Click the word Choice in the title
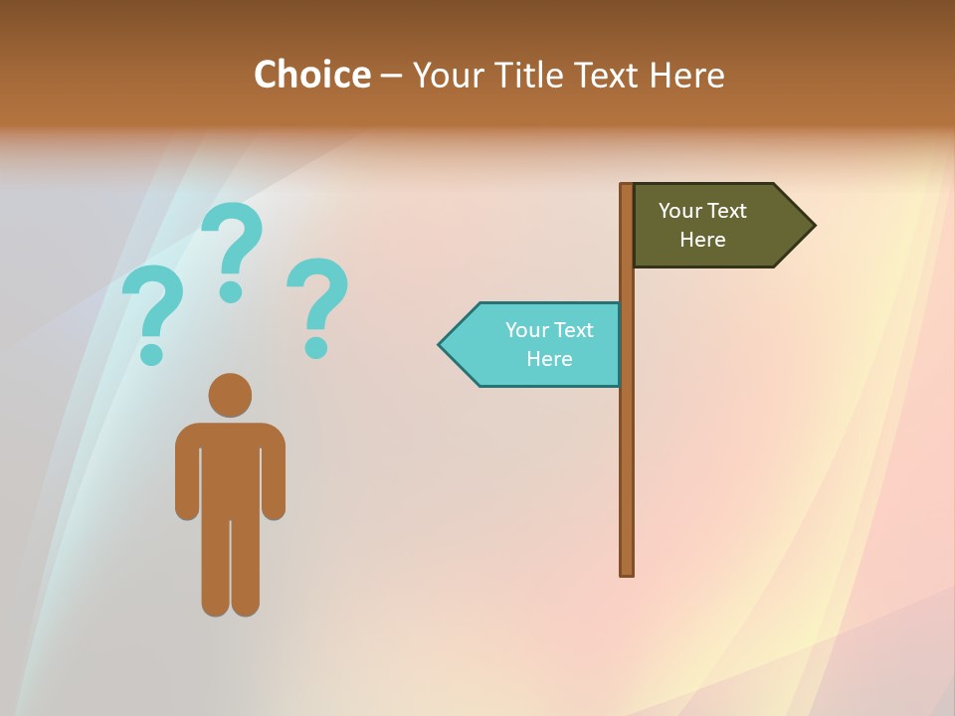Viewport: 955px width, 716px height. [x=311, y=75]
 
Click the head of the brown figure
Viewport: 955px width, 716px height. [x=230, y=395]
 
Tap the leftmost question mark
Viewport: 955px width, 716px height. [x=151, y=303]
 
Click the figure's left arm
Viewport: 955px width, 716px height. [x=187, y=472]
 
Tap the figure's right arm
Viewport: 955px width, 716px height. [x=274, y=472]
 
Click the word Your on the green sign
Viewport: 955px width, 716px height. [x=679, y=211]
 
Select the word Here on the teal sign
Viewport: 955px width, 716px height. [x=549, y=359]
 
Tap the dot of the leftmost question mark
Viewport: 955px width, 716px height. [x=151, y=353]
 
